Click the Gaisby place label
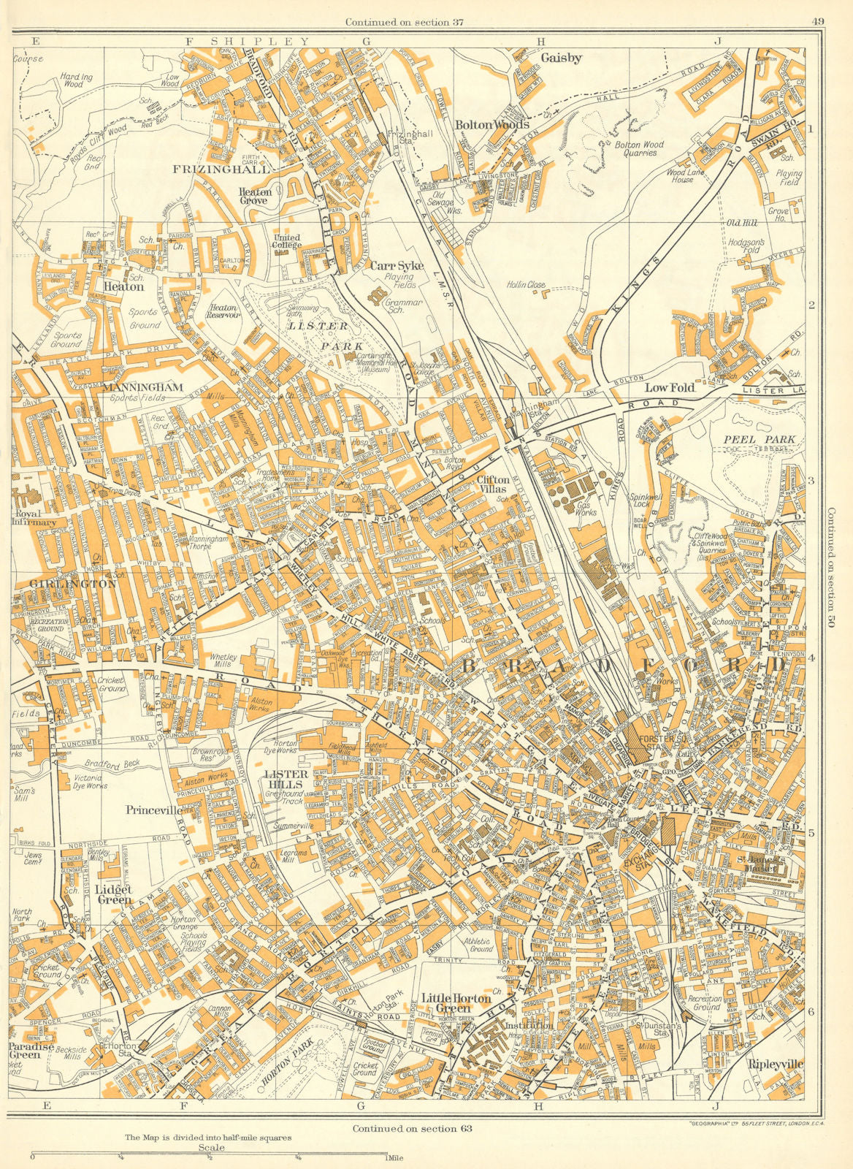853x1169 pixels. [x=562, y=58]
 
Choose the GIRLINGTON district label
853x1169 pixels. [x=74, y=584]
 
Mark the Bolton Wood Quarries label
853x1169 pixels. [x=638, y=149]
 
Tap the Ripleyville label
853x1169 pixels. [x=773, y=1065]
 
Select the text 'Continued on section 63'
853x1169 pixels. [x=412, y=1128]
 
